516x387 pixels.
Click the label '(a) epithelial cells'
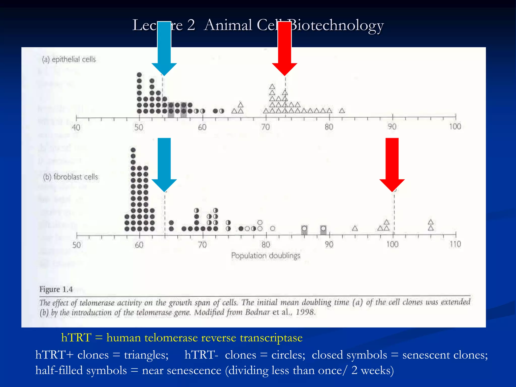point(69,59)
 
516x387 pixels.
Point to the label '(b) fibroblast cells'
point(71,177)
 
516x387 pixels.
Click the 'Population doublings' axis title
point(266,255)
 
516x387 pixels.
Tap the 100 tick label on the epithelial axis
point(455,126)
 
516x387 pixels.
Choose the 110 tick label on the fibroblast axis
point(455,244)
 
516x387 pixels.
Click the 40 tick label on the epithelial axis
point(76,127)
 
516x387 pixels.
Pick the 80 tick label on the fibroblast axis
point(266,244)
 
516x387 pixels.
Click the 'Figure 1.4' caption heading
point(56,289)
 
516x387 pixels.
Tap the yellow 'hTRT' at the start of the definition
point(76,338)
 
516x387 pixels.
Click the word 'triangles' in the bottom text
point(146,355)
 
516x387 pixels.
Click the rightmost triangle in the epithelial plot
point(342,111)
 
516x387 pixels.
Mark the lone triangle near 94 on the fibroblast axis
point(355,228)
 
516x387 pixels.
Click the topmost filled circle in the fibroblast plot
point(133,150)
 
